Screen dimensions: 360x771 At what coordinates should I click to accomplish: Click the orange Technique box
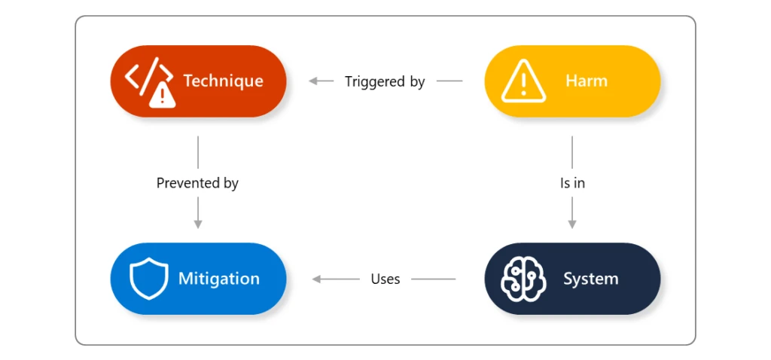coord(198,81)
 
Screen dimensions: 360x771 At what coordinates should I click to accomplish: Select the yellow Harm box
coord(572,81)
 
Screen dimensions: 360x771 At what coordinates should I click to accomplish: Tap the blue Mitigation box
coord(198,279)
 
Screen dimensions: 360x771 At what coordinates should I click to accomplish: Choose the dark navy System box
coord(572,279)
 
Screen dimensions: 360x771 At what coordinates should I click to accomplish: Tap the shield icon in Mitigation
coord(148,279)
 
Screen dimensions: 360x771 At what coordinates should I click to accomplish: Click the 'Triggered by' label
coord(385,81)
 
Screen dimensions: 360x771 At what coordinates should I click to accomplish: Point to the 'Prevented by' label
coord(197,183)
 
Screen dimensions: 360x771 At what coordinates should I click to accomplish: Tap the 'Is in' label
coord(572,183)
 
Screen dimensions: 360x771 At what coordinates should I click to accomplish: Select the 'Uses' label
coord(385,279)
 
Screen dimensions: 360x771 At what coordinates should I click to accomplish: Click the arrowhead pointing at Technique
coord(312,81)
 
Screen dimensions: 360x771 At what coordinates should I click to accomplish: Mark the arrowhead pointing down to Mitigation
coord(198,224)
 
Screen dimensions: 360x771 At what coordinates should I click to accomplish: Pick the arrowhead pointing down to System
coord(572,224)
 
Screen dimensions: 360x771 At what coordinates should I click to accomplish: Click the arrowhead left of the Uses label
coord(316,279)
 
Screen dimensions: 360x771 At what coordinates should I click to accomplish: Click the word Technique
coord(223,81)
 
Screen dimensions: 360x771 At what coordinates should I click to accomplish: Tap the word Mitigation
coord(218,279)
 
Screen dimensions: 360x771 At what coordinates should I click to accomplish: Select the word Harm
coord(586,81)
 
